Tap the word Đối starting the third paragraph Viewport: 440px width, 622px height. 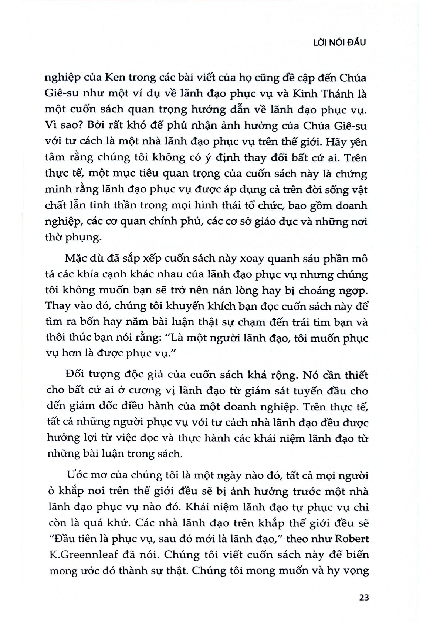tap(74, 375)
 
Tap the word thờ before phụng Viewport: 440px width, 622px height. tap(55, 237)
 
